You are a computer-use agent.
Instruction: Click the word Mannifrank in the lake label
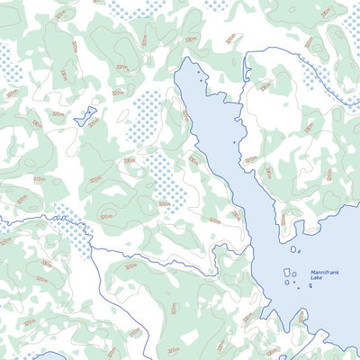(325, 272)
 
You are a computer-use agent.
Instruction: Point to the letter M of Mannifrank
(312, 272)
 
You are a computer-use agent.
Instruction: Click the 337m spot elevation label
(121, 67)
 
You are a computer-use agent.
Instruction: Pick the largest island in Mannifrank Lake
(288, 272)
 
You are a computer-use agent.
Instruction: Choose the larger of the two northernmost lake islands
(293, 249)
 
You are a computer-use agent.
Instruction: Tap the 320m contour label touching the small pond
(93, 123)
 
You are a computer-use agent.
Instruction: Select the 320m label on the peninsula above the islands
(282, 219)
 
